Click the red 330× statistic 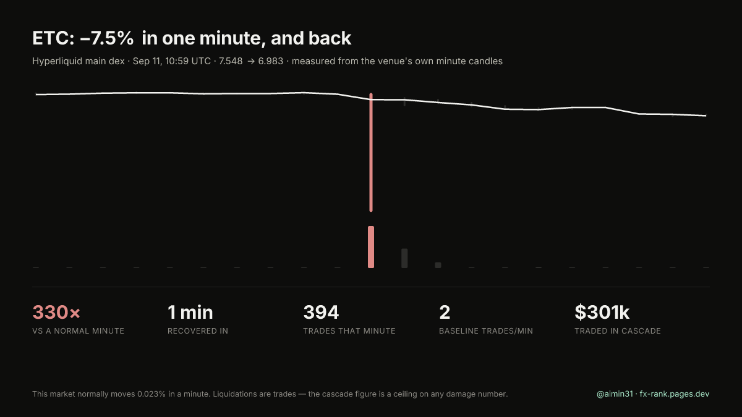(56, 312)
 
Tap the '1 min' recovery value (190, 312)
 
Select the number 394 (321, 312)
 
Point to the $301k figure (602, 312)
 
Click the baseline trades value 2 (445, 312)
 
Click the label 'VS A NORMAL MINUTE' (78, 331)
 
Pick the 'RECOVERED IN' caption (198, 331)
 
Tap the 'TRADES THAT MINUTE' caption (349, 331)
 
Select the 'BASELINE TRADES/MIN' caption (486, 331)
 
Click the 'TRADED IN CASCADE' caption (618, 331)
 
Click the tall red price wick (371, 152)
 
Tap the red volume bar (371, 247)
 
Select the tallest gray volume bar (404, 258)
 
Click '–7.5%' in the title (106, 38)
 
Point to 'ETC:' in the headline (53, 38)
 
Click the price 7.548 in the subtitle (231, 61)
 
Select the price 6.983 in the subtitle (271, 61)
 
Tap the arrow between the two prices (251, 62)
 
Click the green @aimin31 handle (615, 394)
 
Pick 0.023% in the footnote (151, 394)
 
